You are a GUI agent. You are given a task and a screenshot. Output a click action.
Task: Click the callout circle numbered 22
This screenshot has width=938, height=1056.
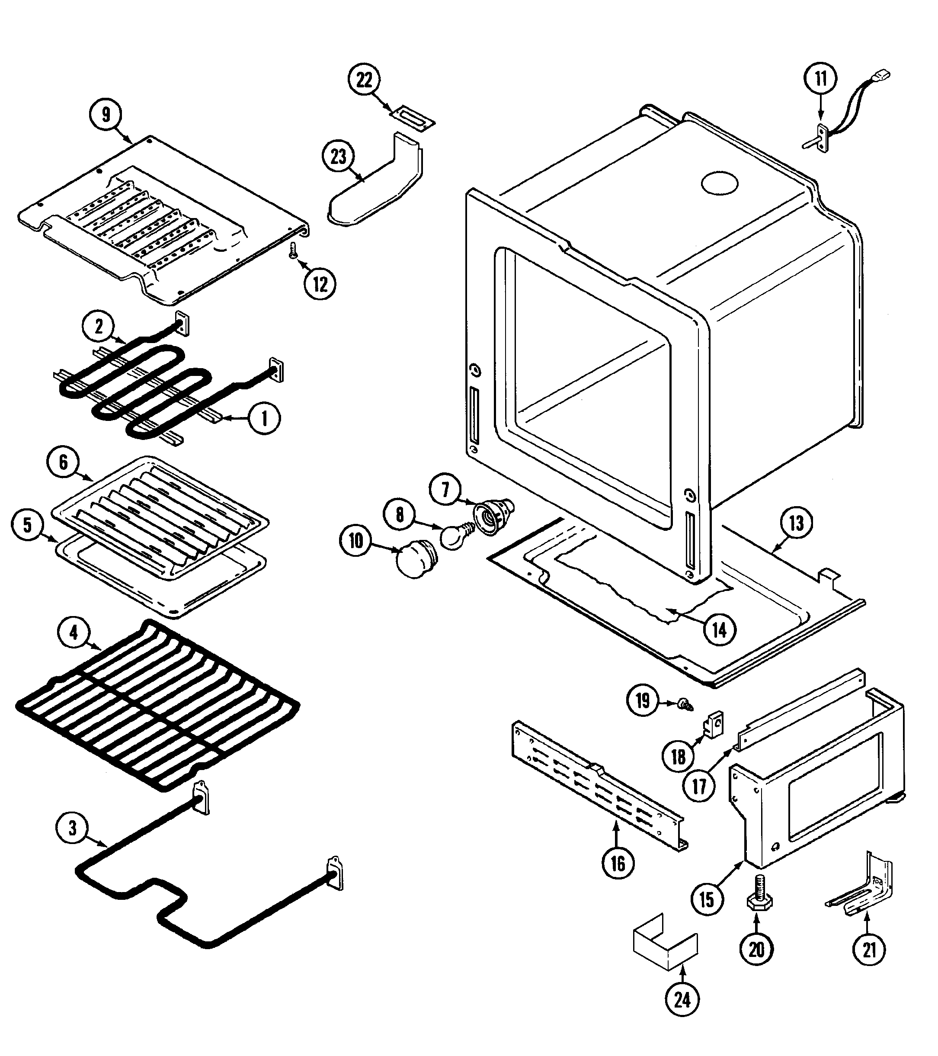[364, 80]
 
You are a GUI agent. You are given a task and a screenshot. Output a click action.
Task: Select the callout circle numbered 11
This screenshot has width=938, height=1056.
[821, 79]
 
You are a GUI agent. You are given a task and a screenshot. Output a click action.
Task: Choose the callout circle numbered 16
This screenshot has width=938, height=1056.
[618, 863]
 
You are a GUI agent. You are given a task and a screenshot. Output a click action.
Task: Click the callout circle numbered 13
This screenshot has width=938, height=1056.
[796, 523]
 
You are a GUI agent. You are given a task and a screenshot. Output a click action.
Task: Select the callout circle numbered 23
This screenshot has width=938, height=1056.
[338, 156]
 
